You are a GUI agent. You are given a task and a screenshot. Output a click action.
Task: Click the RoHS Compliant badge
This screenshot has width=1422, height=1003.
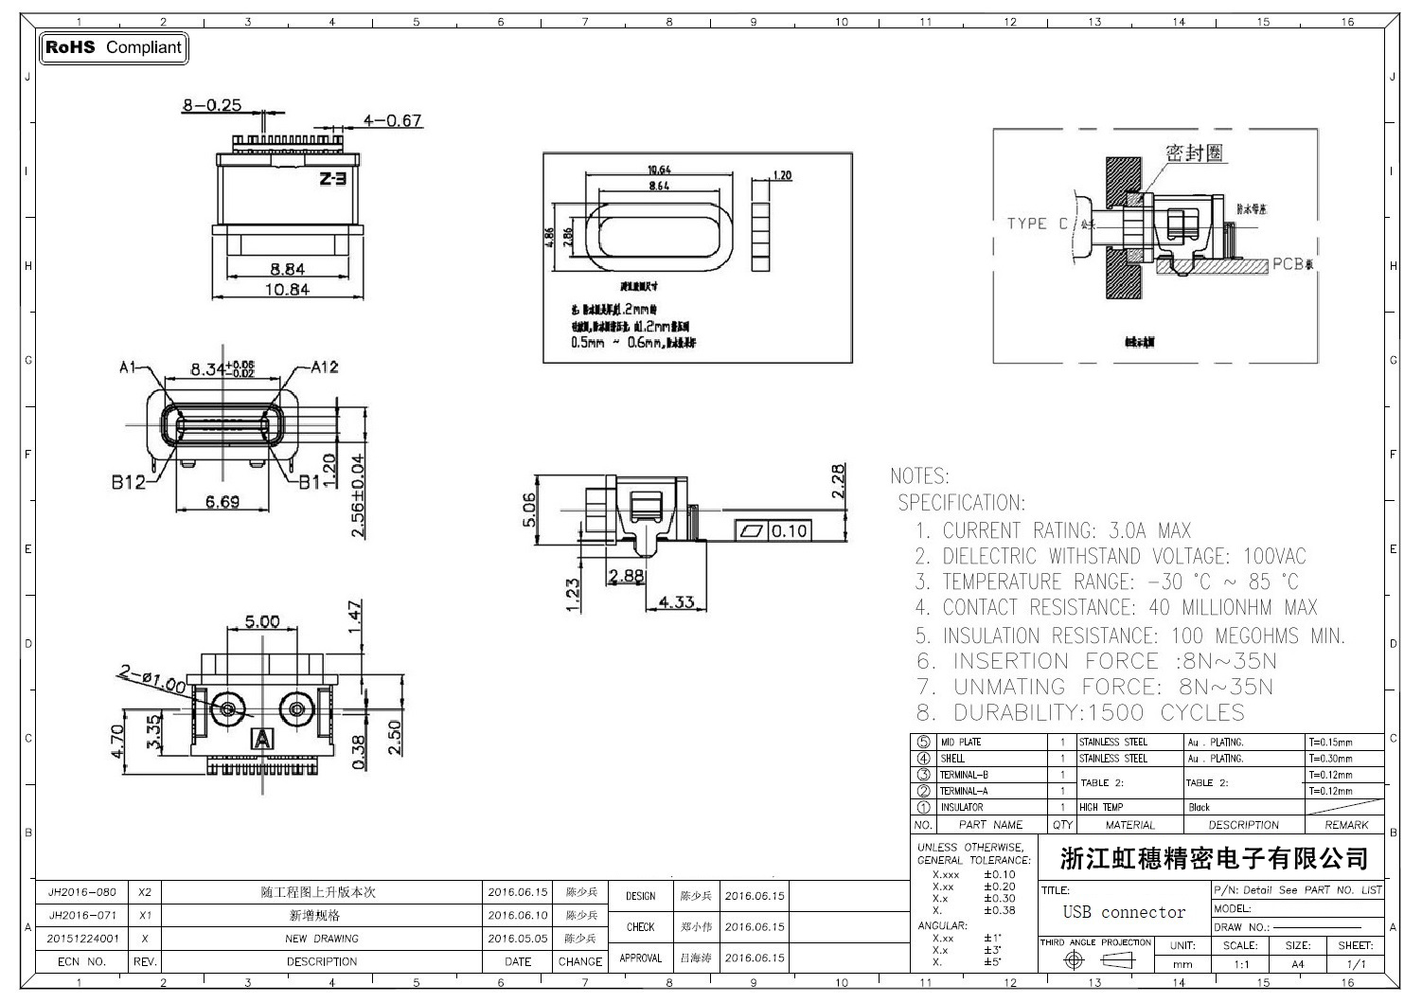pyautogui.click(x=114, y=47)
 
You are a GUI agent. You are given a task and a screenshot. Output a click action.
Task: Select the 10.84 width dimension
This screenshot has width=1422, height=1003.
pyautogui.click(x=286, y=289)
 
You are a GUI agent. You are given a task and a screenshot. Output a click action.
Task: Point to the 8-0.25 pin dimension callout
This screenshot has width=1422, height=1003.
pyautogui.click(x=212, y=105)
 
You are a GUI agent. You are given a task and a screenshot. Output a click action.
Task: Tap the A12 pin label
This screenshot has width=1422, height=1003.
pyautogui.click(x=324, y=367)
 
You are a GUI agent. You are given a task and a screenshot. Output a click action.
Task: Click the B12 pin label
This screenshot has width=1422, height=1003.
pyautogui.click(x=128, y=482)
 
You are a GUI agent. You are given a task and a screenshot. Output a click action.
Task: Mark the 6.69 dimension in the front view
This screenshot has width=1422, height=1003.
pyautogui.click(x=222, y=501)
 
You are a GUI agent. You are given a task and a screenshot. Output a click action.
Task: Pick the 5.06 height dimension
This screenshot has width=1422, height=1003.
pyautogui.click(x=529, y=510)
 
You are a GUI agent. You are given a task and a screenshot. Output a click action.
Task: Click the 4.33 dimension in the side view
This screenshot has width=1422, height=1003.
pyautogui.click(x=676, y=601)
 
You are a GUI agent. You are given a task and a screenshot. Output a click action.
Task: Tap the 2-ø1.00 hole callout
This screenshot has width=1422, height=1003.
pyautogui.click(x=152, y=677)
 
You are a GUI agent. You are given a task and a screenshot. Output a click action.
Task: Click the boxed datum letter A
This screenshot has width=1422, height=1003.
pyautogui.click(x=262, y=738)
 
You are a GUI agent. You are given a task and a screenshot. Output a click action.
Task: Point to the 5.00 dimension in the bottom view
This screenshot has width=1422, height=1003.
pyautogui.click(x=262, y=622)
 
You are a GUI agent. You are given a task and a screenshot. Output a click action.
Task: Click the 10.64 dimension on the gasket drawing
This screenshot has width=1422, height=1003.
pyautogui.click(x=659, y=170)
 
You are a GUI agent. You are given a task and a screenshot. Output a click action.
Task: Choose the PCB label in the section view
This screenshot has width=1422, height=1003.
pyautogui.click(x=1288, y=263)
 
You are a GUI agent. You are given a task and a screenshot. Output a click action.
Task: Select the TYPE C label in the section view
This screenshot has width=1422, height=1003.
pyautogui.click(x=1036, y=224)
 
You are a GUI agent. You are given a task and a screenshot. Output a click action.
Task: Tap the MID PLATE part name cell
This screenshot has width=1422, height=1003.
pyautogui.click(x=961, y=743)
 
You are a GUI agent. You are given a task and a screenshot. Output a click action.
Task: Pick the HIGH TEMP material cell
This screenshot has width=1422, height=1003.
pyautogui.click(x=1100, y=808)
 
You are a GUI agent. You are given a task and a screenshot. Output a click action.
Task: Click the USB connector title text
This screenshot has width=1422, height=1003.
pyautogui.click(x=1124, y=912)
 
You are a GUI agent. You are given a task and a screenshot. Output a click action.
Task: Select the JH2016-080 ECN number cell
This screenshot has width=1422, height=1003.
pyautogui.click(x=82, y=892)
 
